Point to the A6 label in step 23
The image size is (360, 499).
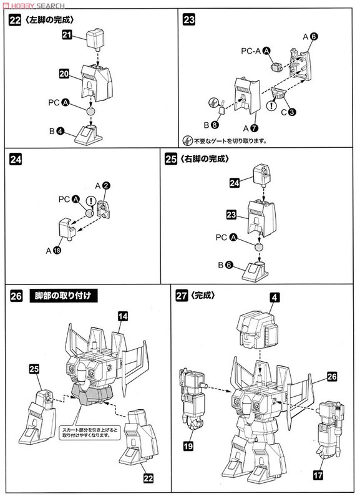[x=310, y=37]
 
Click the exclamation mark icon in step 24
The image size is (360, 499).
[x=92, y=201]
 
